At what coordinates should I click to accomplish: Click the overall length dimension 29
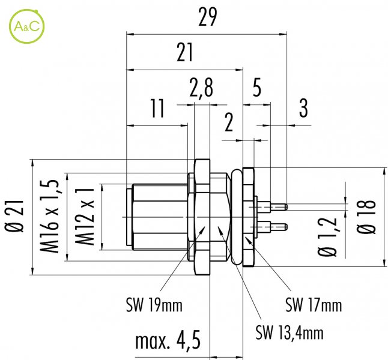point(208,17)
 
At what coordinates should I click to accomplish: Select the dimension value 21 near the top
point(184,52)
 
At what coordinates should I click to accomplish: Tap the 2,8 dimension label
point(201,88)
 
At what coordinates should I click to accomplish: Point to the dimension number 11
point(157,108)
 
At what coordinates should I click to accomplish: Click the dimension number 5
point(257,88)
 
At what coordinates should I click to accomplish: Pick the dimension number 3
point(303,108)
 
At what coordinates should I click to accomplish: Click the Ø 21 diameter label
point(14,217)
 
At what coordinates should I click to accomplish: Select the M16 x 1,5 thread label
point(50,217)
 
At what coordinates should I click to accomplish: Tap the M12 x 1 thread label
point(85,217)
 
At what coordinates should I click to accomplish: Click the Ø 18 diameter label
point(366,217)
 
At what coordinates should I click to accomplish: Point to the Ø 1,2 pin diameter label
point(327,237)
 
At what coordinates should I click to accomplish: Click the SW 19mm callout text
point(154,305)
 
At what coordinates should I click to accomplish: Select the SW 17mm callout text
point(314,305)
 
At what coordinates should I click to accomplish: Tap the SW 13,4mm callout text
point(289,332)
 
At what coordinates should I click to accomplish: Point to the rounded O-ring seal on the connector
point(237,217)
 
